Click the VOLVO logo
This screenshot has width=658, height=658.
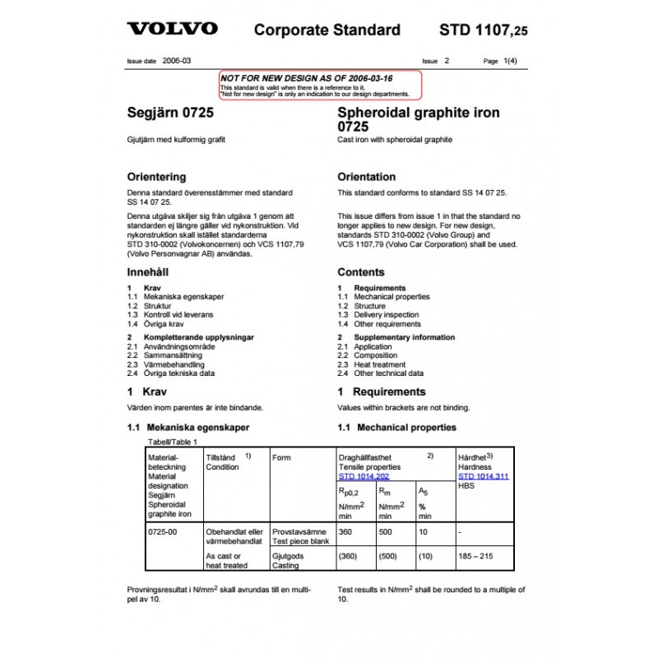point(172,30)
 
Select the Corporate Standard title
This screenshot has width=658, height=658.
point(327,30)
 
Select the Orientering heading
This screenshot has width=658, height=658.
point(156,177)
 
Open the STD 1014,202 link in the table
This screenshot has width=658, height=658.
point(365,476)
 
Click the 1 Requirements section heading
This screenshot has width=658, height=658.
point(381,392)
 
